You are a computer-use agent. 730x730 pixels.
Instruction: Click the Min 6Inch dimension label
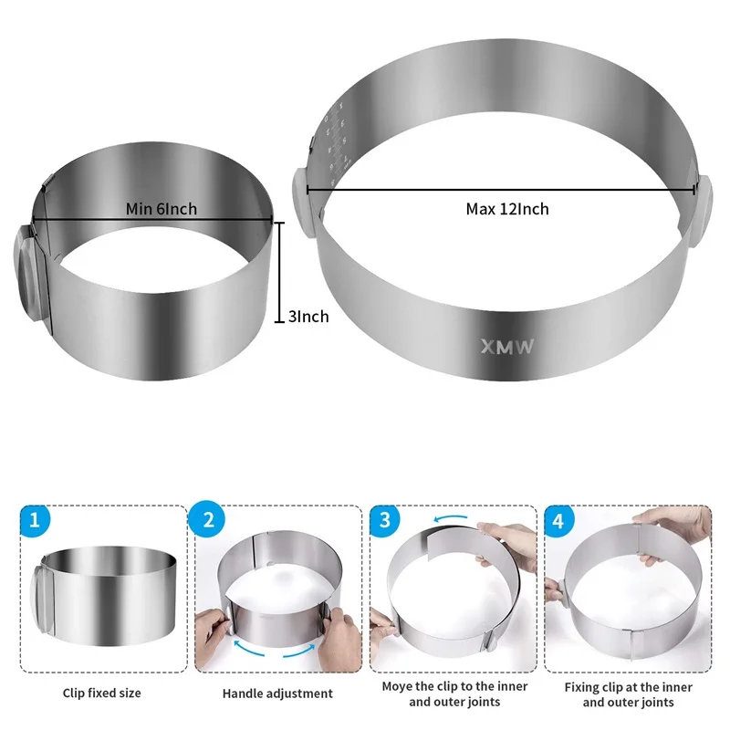[162, 209]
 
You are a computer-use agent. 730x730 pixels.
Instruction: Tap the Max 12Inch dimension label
[507, 209]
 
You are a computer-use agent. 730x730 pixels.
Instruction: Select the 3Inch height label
[308, 317]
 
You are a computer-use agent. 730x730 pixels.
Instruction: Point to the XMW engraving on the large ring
[508, 346]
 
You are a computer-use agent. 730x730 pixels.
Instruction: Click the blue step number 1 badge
[34, 521]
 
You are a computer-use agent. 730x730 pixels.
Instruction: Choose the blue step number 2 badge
[208, 521]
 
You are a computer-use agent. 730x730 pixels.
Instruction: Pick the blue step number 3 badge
[385, 521]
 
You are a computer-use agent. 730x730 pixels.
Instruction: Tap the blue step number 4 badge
[558, 521]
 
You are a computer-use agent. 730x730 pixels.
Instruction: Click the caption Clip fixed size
[100, 693]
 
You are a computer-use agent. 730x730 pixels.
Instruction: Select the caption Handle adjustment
[277, 693]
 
